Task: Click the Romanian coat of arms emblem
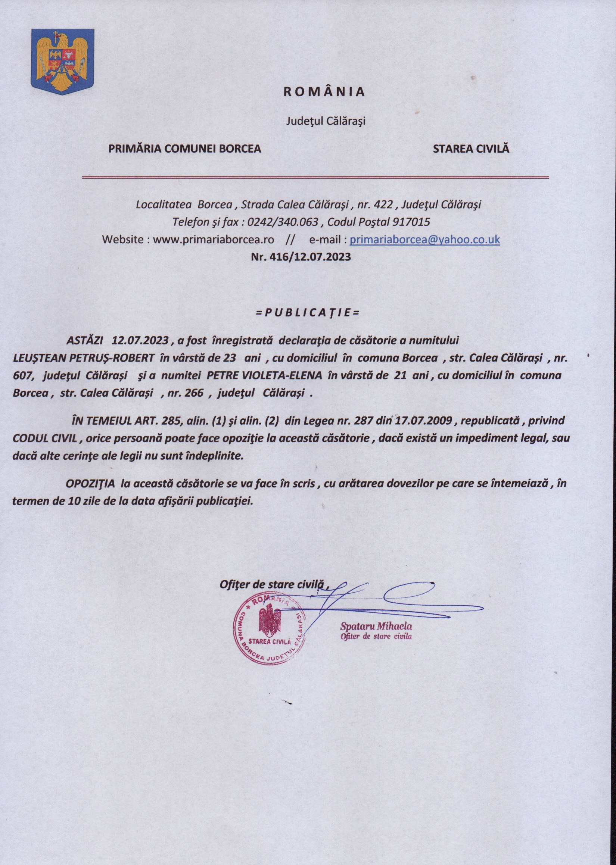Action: coord(62,62)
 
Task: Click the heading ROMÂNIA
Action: coord(324,92)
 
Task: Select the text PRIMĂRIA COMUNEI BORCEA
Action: coord(185,149)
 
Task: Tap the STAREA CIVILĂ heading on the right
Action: coord(471,149)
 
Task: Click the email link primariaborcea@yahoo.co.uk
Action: coord(424,240)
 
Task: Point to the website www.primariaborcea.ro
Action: coord(214,240)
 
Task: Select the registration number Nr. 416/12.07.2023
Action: coord(301,257)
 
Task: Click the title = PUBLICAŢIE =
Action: coord(308,313)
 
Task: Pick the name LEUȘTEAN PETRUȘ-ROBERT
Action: coord(84,358)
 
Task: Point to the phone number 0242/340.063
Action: coord(283,222)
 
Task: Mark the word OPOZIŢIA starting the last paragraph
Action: coord(91,484)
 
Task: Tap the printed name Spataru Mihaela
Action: coord(376,626)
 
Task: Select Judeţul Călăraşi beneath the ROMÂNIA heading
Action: coord(325,121)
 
